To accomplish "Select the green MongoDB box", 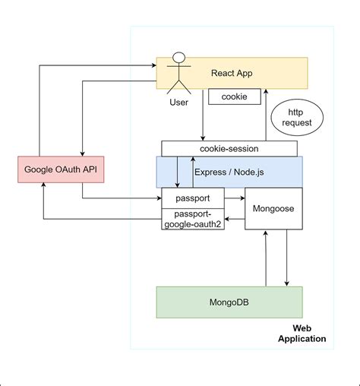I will [x=229, y=302].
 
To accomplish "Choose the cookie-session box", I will [x=229, y=149].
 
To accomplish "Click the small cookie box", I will [x=234, y=97].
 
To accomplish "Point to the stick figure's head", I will [x=180, y=59].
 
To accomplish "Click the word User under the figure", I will [x=178, y=102].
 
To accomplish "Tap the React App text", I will [x=232, y=73].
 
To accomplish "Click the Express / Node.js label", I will [x=229, y=172].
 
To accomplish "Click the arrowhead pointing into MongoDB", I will [x=286, y=283].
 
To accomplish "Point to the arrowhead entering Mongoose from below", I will [x=265, y=234].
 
